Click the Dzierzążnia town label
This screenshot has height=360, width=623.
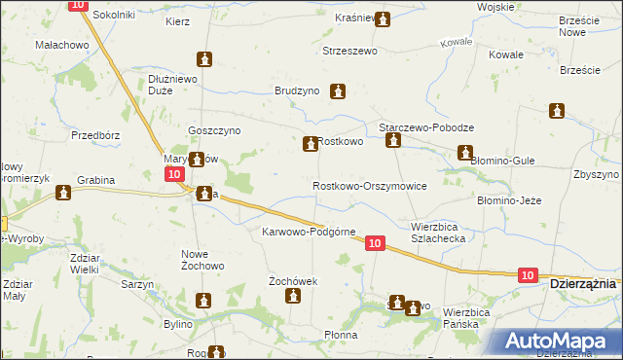pyautogui.click(x=582, y=283)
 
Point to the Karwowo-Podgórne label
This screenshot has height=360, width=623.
pyautogui.click(x=309, y=232)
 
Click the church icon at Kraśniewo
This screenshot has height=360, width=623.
pyautogui.click(x=383, y=18)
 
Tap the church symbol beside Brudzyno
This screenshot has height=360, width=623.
pyautogui.click(x=339, y=92)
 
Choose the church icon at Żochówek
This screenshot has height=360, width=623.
pyautogui.click(x=293, y=298)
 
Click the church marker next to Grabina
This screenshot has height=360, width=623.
pyautogui.click(x=64, y=193)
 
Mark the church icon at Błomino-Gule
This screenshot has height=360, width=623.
pyautogui.click(x=465, y=153)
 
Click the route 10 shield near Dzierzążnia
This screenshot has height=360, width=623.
pyautogui.click(x=527, y=276)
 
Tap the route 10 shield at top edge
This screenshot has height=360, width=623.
pyautogui.click(x=79, y=6)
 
